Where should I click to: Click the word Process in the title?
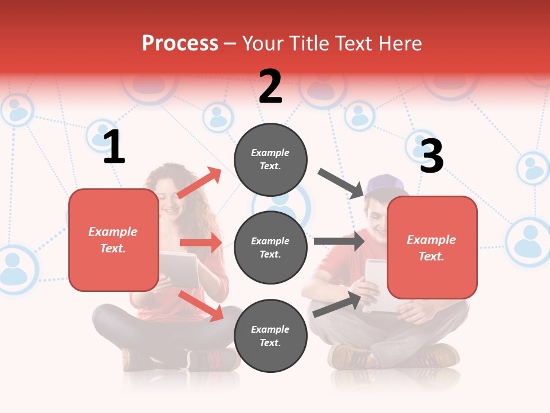point(180,43)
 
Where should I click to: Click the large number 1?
point(115,147)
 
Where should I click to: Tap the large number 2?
point(270,87)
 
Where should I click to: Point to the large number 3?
point(432,156)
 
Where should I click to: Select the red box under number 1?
point(113,240)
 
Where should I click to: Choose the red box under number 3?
point(432,248)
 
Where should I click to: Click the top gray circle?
point(270,159)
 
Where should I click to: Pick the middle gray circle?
point(270,248)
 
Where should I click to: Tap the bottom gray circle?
point(270,336)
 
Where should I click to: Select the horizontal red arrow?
point(201,243)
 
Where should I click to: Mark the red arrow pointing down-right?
point(201,306)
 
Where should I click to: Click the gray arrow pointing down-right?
point(341,183)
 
